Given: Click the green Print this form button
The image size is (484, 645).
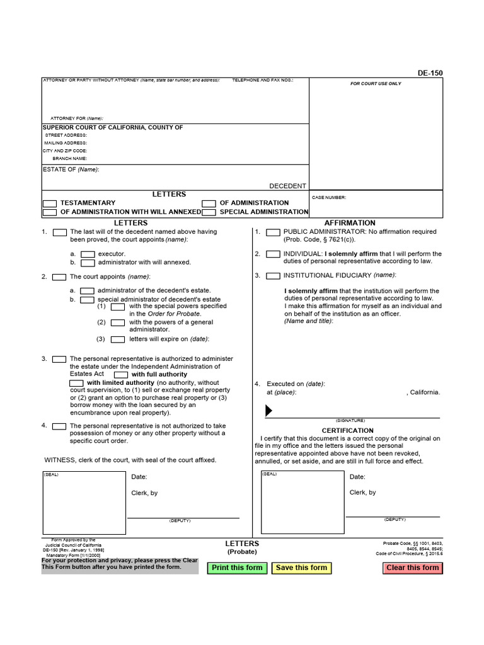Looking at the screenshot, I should point(237,568).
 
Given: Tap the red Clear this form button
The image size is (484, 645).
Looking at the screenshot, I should point(412,568).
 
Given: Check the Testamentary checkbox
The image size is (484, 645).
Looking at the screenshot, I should point(49,203).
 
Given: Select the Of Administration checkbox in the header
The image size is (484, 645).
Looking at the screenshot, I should point(209,203).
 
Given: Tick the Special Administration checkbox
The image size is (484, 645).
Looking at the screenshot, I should point(209,212).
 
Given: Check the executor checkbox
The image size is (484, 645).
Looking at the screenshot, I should point(88,254).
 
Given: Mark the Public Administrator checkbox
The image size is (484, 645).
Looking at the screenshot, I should point(273,232).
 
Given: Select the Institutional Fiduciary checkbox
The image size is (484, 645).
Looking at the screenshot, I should point(273,276).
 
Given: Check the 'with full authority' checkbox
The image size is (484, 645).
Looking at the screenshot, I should point(121,374).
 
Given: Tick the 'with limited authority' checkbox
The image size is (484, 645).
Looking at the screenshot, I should point(76,383).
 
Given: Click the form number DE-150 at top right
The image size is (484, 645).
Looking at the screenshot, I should point(430,73).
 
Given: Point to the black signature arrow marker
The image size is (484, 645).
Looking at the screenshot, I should point(269,411).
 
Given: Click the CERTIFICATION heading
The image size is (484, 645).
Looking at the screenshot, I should point(348,431).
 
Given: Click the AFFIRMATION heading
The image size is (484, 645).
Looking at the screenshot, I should point(350,223).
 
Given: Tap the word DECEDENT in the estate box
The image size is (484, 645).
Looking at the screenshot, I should point(287,186).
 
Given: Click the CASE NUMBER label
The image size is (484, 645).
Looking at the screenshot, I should point(329,198).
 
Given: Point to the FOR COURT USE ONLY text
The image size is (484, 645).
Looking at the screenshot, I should point(376,84).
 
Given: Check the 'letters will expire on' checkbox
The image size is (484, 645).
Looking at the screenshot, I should point(118,340).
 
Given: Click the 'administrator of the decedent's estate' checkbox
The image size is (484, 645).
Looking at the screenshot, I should point(88,291).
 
